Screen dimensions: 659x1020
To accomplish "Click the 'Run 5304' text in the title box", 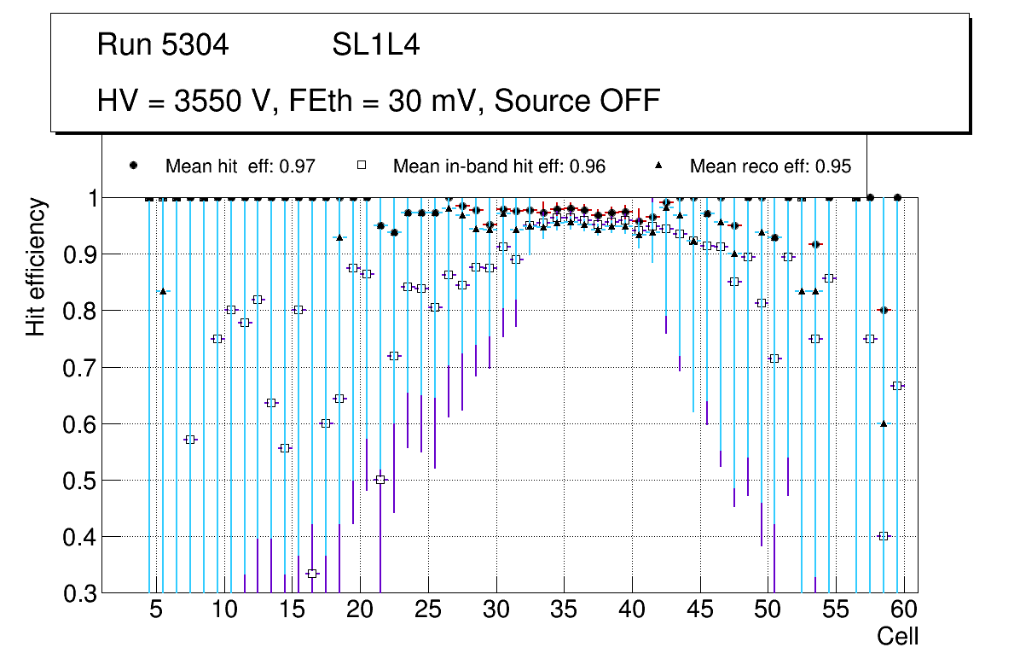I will coord(163,45).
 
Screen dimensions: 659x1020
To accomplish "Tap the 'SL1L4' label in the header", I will coord(375,45).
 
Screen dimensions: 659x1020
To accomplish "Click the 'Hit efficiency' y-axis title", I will coord(36,266).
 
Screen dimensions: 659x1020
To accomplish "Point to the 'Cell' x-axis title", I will coord(898,636).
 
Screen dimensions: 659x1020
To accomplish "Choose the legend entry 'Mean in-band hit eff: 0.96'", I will coord(499,166).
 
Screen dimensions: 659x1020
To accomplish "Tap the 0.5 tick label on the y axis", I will coord(81,481).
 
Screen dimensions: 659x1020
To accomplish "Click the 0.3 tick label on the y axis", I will coord(81,593).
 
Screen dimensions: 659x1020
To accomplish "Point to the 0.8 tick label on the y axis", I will coord(81,312).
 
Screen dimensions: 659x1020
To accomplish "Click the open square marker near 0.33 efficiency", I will coord(313,574).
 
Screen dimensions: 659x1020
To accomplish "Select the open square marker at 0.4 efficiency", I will coord(884,536).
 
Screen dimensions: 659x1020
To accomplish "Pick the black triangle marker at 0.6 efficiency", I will coord(884,423).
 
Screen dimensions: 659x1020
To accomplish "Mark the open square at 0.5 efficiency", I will coord(380,480).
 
